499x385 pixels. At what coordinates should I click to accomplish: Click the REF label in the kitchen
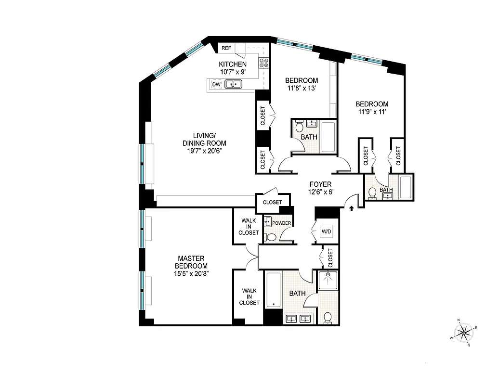pyautogui.click(x=226, y=48)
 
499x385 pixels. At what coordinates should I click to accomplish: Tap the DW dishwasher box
pyautogui.click(x=216, y=85)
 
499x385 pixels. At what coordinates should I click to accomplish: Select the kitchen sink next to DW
pyautogui.click(x=234, y=85)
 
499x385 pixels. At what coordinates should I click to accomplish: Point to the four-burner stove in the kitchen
pyautogui.click(x=263, y=63)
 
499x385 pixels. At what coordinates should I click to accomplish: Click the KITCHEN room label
pyautogui.click(x=233, y=64)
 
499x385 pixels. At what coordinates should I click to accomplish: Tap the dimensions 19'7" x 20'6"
pyautogui.click(x=204, y=151)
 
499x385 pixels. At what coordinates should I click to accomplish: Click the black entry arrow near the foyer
pyautogui.click(x=351, y=208)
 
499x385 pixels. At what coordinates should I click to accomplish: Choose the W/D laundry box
pyautogui.click(x=327, y=232)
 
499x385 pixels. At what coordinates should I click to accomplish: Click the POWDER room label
pyautogui.click(x=282, y=223)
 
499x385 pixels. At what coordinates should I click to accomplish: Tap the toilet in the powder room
pyautogui.click(x=271, y=237)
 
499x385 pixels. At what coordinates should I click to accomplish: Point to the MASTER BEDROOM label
pyautogui.click(x=192, y=262)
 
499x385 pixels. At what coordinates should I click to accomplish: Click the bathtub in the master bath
pyautogui.click(x=274, y=290)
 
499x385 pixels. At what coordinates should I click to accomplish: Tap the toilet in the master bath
pyautogui.click(x=328, y=317)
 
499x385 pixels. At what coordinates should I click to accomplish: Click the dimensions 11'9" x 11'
pyautogui.click(x=372, y=112)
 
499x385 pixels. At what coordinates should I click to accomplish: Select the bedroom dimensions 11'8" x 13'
pyautogui.click(x=302, y=88)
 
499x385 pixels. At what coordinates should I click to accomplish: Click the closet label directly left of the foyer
pyautogui.click(x=273, y=202)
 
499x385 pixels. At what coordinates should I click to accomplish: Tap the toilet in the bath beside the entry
pyautogui.click(x=372, y=193)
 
